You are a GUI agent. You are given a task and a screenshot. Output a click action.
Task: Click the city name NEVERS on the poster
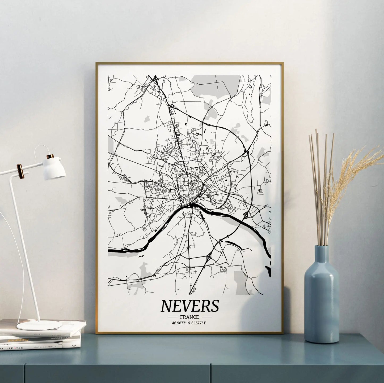189,306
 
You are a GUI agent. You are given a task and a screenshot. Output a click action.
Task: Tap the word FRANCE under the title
189,317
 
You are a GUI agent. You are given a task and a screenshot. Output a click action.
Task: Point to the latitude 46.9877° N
181,323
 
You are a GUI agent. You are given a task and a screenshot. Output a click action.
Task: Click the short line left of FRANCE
173,317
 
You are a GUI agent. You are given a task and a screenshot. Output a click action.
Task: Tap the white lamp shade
55,170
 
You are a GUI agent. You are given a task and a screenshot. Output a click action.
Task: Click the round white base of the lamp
39,325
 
